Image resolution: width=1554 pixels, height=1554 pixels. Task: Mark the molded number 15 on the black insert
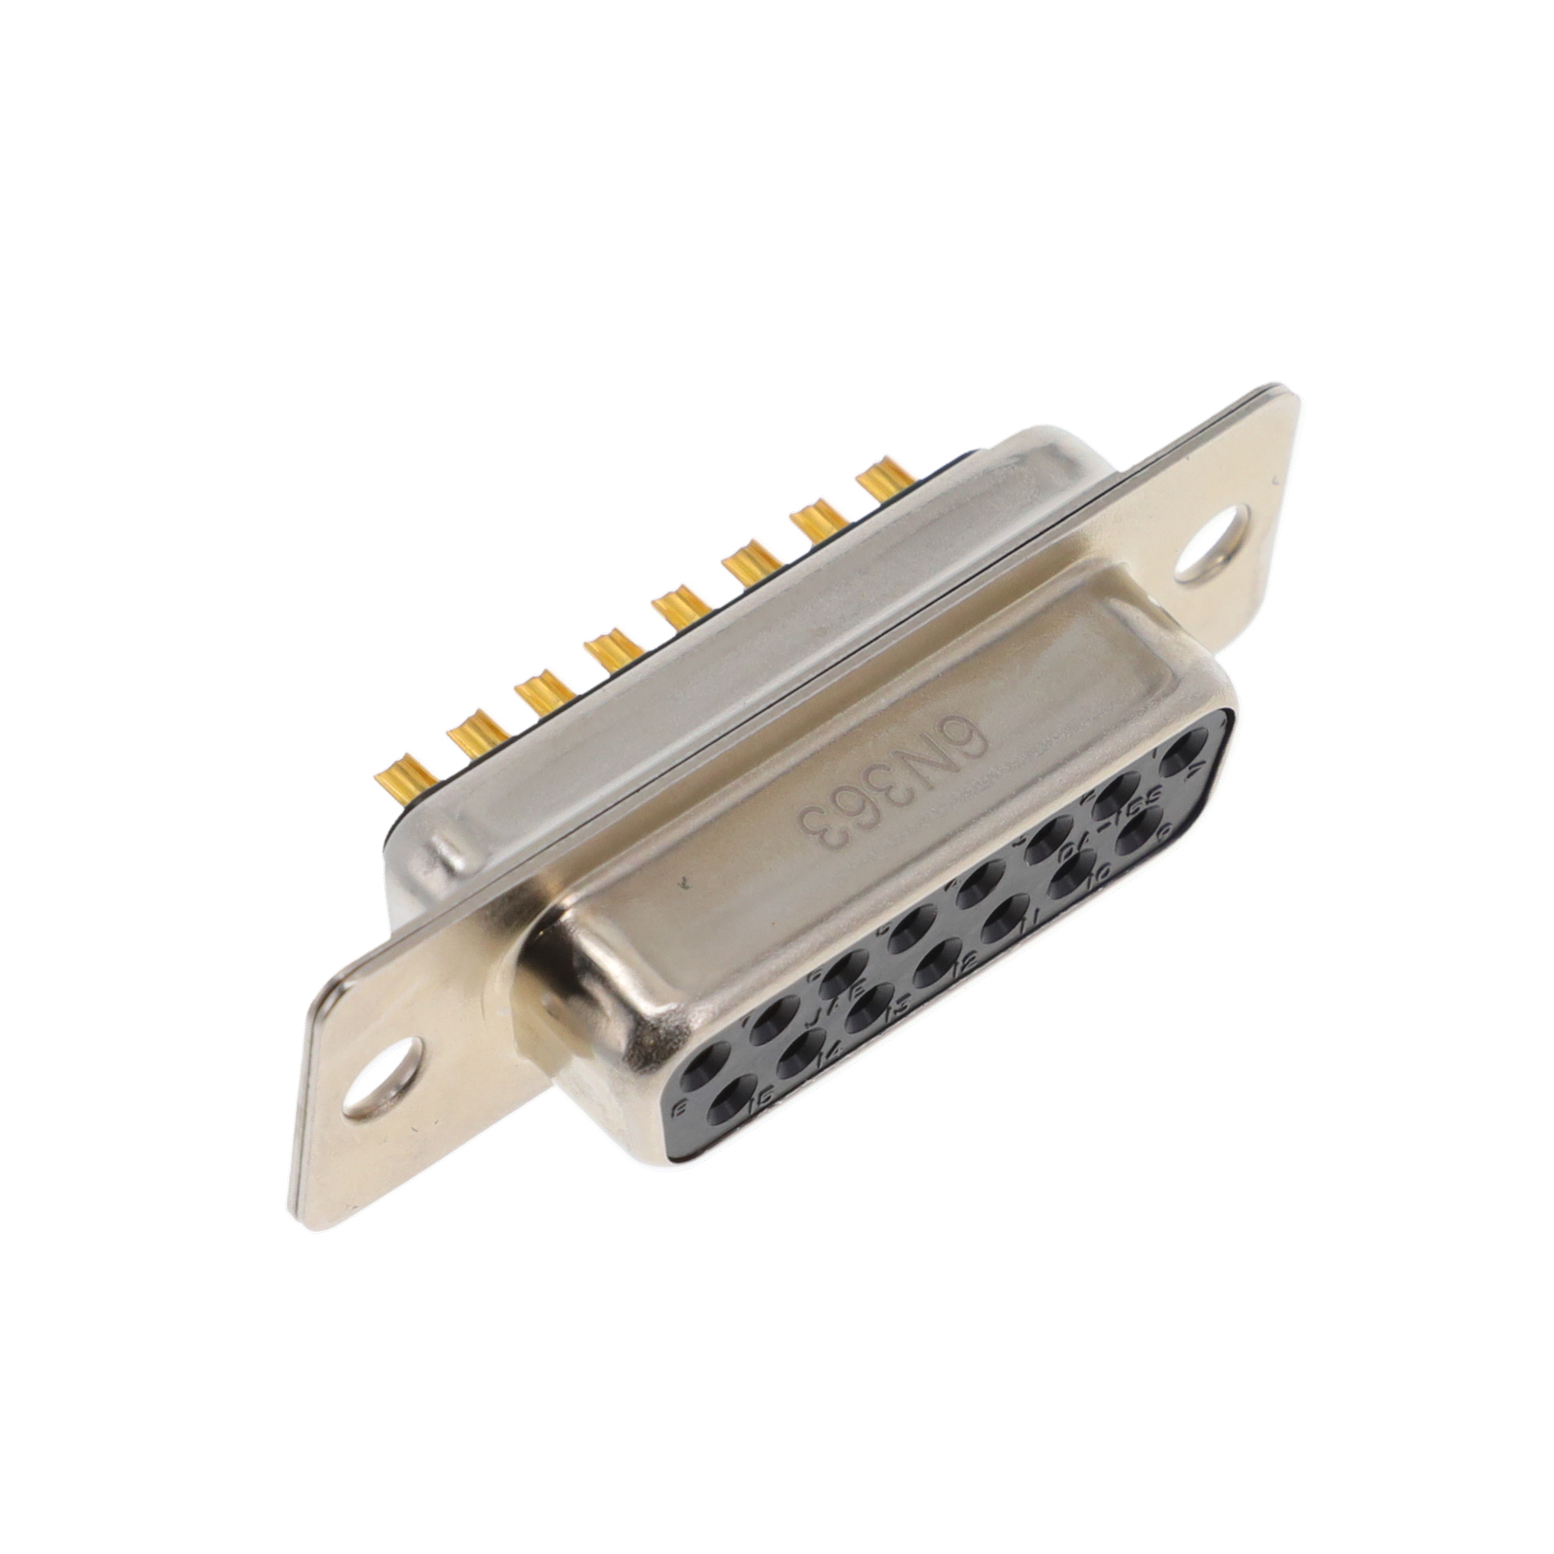pos(765,1096)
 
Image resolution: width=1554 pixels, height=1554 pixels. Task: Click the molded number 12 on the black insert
pos(969,960)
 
